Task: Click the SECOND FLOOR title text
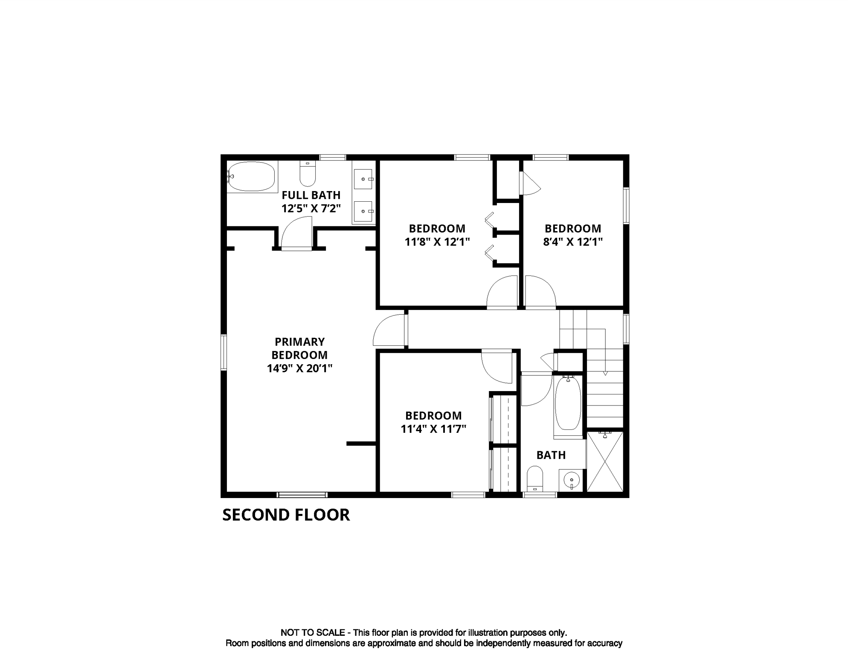pyautogui.click(x=286, y=515)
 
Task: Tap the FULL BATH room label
pyautogui.click(x=311, y=195)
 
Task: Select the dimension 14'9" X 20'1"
pyautogui.click(x=299, y=368)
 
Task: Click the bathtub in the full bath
pyautogui.click(x=252, y=176)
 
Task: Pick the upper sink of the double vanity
pyautogui.click(x=363, y=179)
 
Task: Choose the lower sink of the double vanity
pyautogui.click(x=363, y=212)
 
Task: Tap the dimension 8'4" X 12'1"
pyautogui.click(x=572, y=242)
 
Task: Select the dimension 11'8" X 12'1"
pyautogui.click(x=437, y=242)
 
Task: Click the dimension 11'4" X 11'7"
pyautogui.click(x=433, y=429)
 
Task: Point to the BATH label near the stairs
pyautogui.click(x=551, y=455)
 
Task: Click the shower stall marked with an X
pyautogui.click(x=605, y=462)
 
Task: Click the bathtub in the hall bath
pyautogui.click(x=568, y=403)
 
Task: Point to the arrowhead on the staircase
pyautogui.click(x=605, y=374)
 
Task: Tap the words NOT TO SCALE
pyautogui.click(x=312, y=633)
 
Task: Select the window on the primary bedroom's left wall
pyautogui.click(x=224, y=352)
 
